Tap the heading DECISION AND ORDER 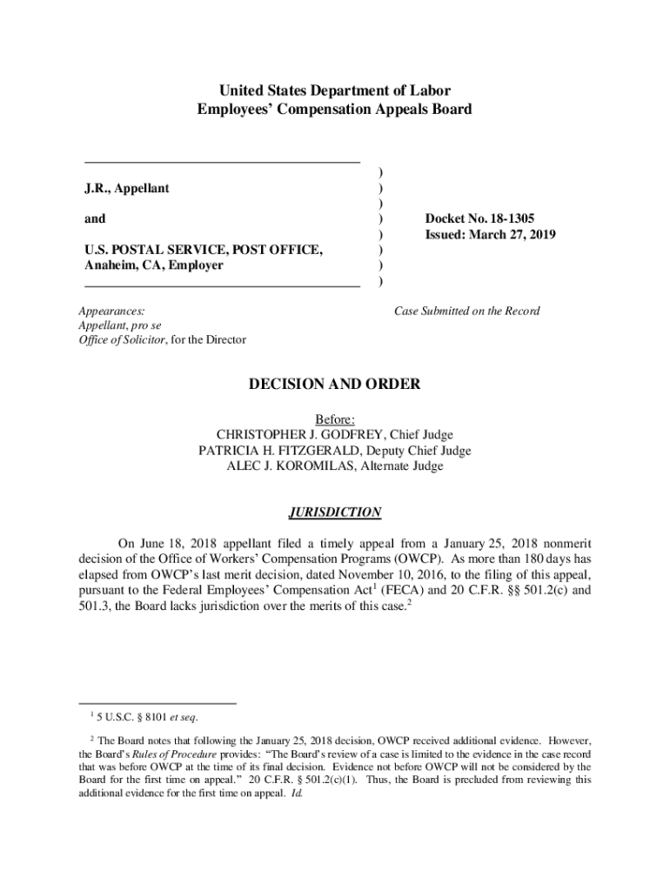coord(335,384)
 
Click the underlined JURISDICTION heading coord(335,512)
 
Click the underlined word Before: coord(335,419)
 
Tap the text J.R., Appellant coord(127,188)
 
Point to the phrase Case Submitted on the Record coord(467,311)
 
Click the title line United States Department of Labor coord(335,90)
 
